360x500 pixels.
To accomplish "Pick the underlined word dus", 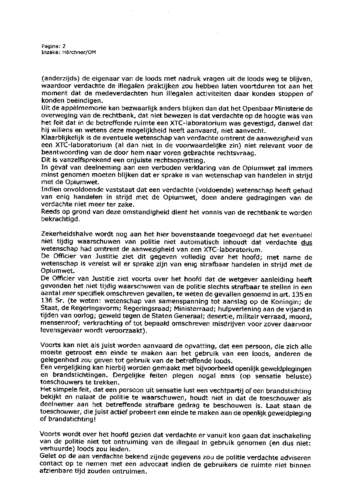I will (306, 242).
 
